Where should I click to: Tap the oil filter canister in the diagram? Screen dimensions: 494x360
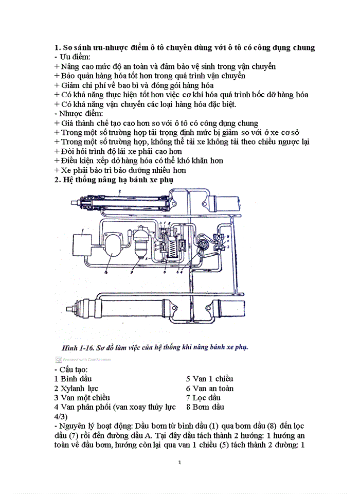[x=139, y=243]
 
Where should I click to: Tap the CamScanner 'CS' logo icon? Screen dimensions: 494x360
[x=59, y=360]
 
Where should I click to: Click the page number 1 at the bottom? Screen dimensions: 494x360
[x=179, y=463]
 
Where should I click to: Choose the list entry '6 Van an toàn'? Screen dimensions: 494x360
[x=209, y=389]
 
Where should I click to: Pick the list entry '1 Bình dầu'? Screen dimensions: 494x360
[x=75, y=379]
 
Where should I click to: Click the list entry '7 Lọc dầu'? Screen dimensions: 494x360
[x=204, y=398]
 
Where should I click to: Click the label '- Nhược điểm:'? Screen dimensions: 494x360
[x=78, y=113]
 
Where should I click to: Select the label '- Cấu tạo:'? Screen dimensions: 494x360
[x=70, y=369]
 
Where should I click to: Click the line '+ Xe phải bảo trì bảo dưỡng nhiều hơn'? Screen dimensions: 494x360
[x=120, y=170]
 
